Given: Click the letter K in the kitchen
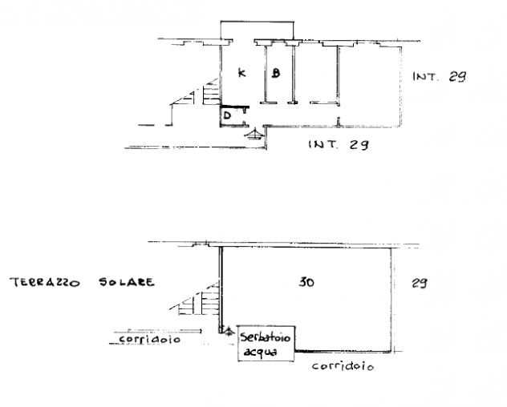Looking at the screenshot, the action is [241, 73].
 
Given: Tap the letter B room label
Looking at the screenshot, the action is [275, 73].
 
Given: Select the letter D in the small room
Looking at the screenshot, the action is [227, 115].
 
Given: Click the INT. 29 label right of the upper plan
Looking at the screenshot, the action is [440, 77].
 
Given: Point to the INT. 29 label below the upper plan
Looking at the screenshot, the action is [339, 144].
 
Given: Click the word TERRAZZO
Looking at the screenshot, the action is [44, 282].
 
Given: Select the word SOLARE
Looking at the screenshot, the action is [127, 282].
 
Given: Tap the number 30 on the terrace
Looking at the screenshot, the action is [306, 282].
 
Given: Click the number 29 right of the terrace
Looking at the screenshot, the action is [420, 283].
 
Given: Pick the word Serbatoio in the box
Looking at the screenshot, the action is [266, 337].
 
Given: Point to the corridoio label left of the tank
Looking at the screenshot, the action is [149, 339].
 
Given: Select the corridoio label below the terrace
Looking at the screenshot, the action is [343, 366].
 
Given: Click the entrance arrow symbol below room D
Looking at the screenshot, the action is [254, 134].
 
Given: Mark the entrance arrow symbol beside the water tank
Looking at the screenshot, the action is [229, 331].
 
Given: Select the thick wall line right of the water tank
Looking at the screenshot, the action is [343, 352].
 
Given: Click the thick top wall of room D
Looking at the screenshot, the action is [235, 107].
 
